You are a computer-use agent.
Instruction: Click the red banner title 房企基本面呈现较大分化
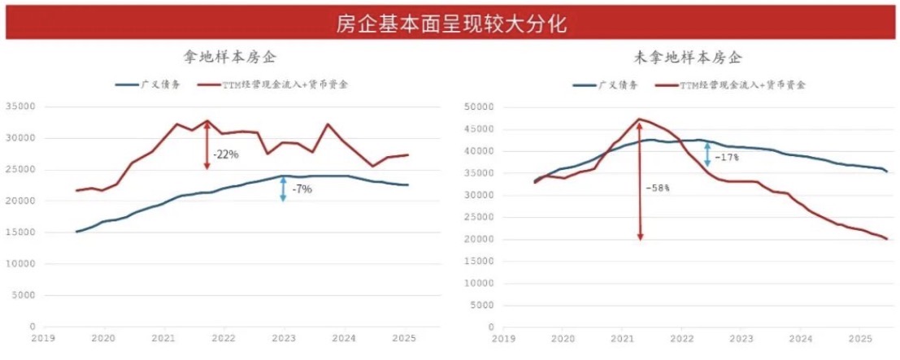pos(450,22)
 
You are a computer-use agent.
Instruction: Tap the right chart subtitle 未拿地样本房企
pos(688,58)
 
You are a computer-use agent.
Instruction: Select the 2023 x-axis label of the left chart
pos(284,336)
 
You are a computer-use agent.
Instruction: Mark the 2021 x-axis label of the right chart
pos(622,336)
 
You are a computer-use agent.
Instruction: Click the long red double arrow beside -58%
pos(640,179)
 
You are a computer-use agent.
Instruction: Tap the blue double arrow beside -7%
pos(283,189)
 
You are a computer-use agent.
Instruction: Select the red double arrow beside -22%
pos(207,145)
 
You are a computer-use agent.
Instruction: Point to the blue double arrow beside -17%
pos(708,154)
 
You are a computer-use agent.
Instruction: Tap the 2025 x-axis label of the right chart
pos(860,336)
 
